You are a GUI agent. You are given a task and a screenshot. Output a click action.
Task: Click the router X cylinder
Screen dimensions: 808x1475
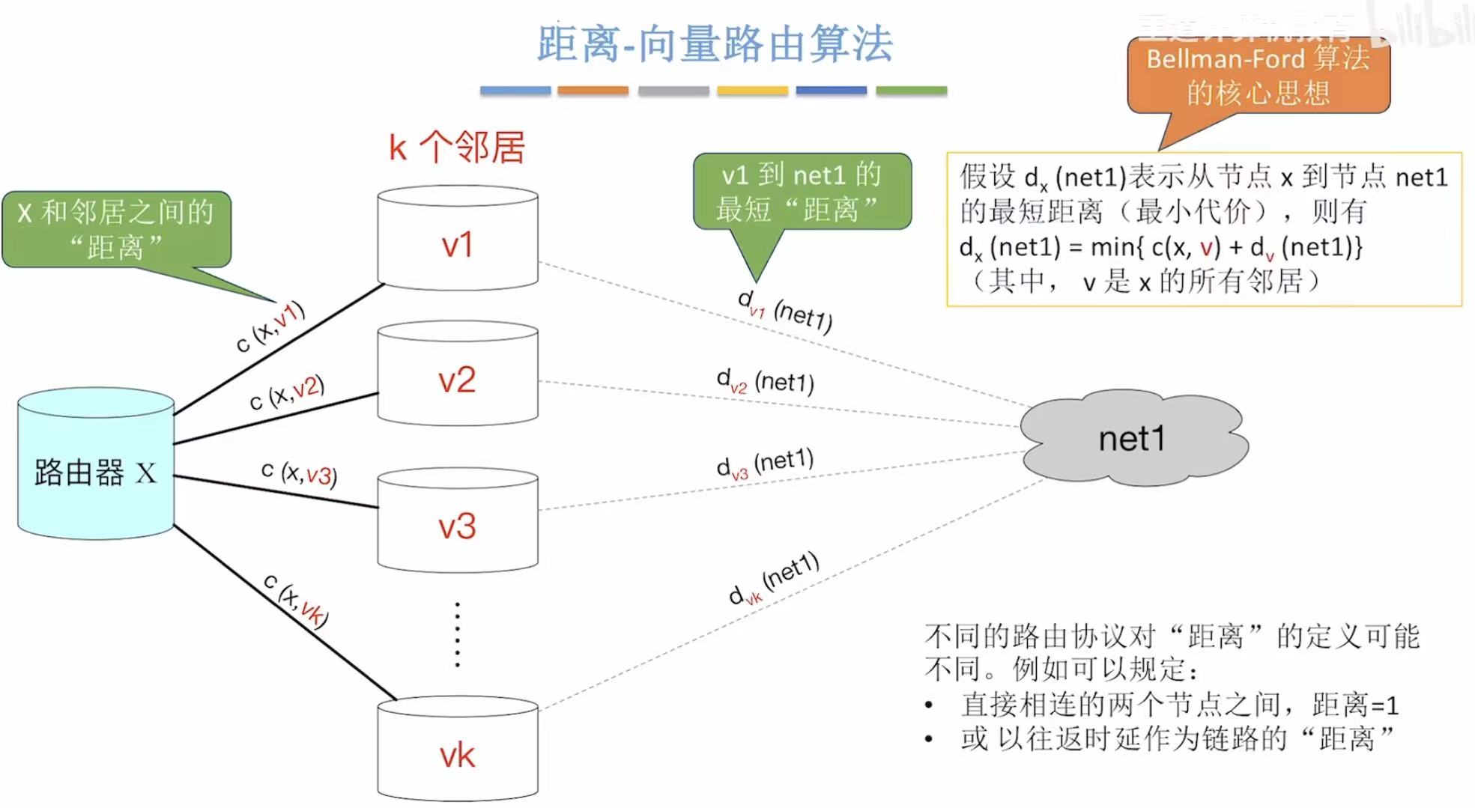pyautogui.click(x=96, y=464)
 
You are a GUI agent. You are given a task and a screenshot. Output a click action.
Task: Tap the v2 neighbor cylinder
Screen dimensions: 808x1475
pyautogui.click(x=457, y=374)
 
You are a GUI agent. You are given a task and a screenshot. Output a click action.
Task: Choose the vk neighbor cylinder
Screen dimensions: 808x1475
pyautogui.click(x=457, y=751)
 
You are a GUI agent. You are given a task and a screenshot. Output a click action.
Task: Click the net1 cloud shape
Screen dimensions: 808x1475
pyautogui.click(x=1133, y=438)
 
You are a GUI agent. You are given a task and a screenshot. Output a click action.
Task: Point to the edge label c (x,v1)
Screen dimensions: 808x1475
pyautogui.click(x=270, y=326)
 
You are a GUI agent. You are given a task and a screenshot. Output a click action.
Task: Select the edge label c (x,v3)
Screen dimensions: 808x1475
pyautogui.click(x=299, y=473)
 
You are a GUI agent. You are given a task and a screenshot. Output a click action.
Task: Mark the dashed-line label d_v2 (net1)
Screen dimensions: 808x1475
pyautogui.click(x=765, y=382)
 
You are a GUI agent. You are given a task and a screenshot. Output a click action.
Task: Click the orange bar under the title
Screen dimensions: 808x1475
pyautogui.click(x=593, y=91)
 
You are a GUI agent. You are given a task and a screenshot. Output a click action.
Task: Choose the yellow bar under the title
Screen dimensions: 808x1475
pyautogui.click(x=752, y=91)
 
